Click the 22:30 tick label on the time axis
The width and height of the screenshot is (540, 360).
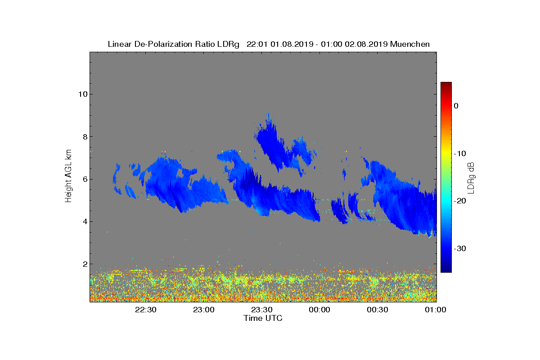click(146, 310)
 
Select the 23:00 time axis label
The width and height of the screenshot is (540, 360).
click(204, 310)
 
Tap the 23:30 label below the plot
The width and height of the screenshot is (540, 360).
click(262, 310)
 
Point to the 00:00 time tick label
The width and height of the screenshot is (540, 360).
click(319, 310)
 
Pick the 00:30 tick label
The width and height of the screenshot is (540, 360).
click(378, 310)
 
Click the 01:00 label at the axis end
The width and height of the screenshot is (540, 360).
click(436, 310)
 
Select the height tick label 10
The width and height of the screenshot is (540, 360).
click(83, 94)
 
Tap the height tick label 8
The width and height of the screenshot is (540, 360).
click(85, 137)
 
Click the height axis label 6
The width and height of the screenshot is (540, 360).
click(85, 180)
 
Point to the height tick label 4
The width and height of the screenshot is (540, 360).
click(85, 221)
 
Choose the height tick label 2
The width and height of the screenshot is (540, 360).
click(85, 264)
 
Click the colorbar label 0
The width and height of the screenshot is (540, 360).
click(456, 106)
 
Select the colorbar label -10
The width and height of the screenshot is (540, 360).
click(460, 153)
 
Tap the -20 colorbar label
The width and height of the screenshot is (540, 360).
click(460, 201)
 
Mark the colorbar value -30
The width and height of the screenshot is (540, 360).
click(460, 248)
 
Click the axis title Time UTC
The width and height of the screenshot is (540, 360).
click(263, 318)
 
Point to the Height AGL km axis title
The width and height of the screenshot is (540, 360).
click(68, 176)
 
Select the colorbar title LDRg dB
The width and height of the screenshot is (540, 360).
click(471, 178)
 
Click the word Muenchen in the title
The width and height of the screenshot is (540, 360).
click(410, 44)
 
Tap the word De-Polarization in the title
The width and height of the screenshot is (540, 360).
click(163, 44)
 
